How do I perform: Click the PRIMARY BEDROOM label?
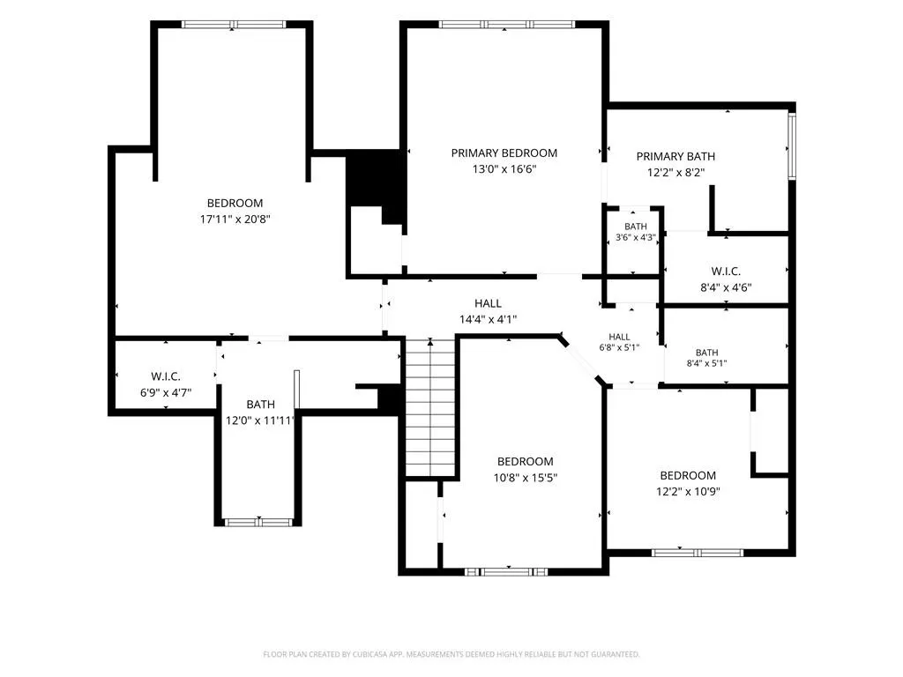point(504,153)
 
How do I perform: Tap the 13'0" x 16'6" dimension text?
point(504,169)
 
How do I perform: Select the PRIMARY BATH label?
point(675,157)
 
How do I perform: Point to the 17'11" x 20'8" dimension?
point(235,219)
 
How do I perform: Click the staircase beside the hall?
point(430,407)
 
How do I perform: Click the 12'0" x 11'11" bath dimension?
point(261,420)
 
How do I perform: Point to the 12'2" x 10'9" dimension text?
point(688,492)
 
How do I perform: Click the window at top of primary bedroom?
point(507,25)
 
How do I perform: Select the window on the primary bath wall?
point(792,146)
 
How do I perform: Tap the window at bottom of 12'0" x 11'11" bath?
point(258,523)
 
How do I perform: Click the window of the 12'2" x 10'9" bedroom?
point(698,553)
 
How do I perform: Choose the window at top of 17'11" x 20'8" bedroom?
point(233,25)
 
